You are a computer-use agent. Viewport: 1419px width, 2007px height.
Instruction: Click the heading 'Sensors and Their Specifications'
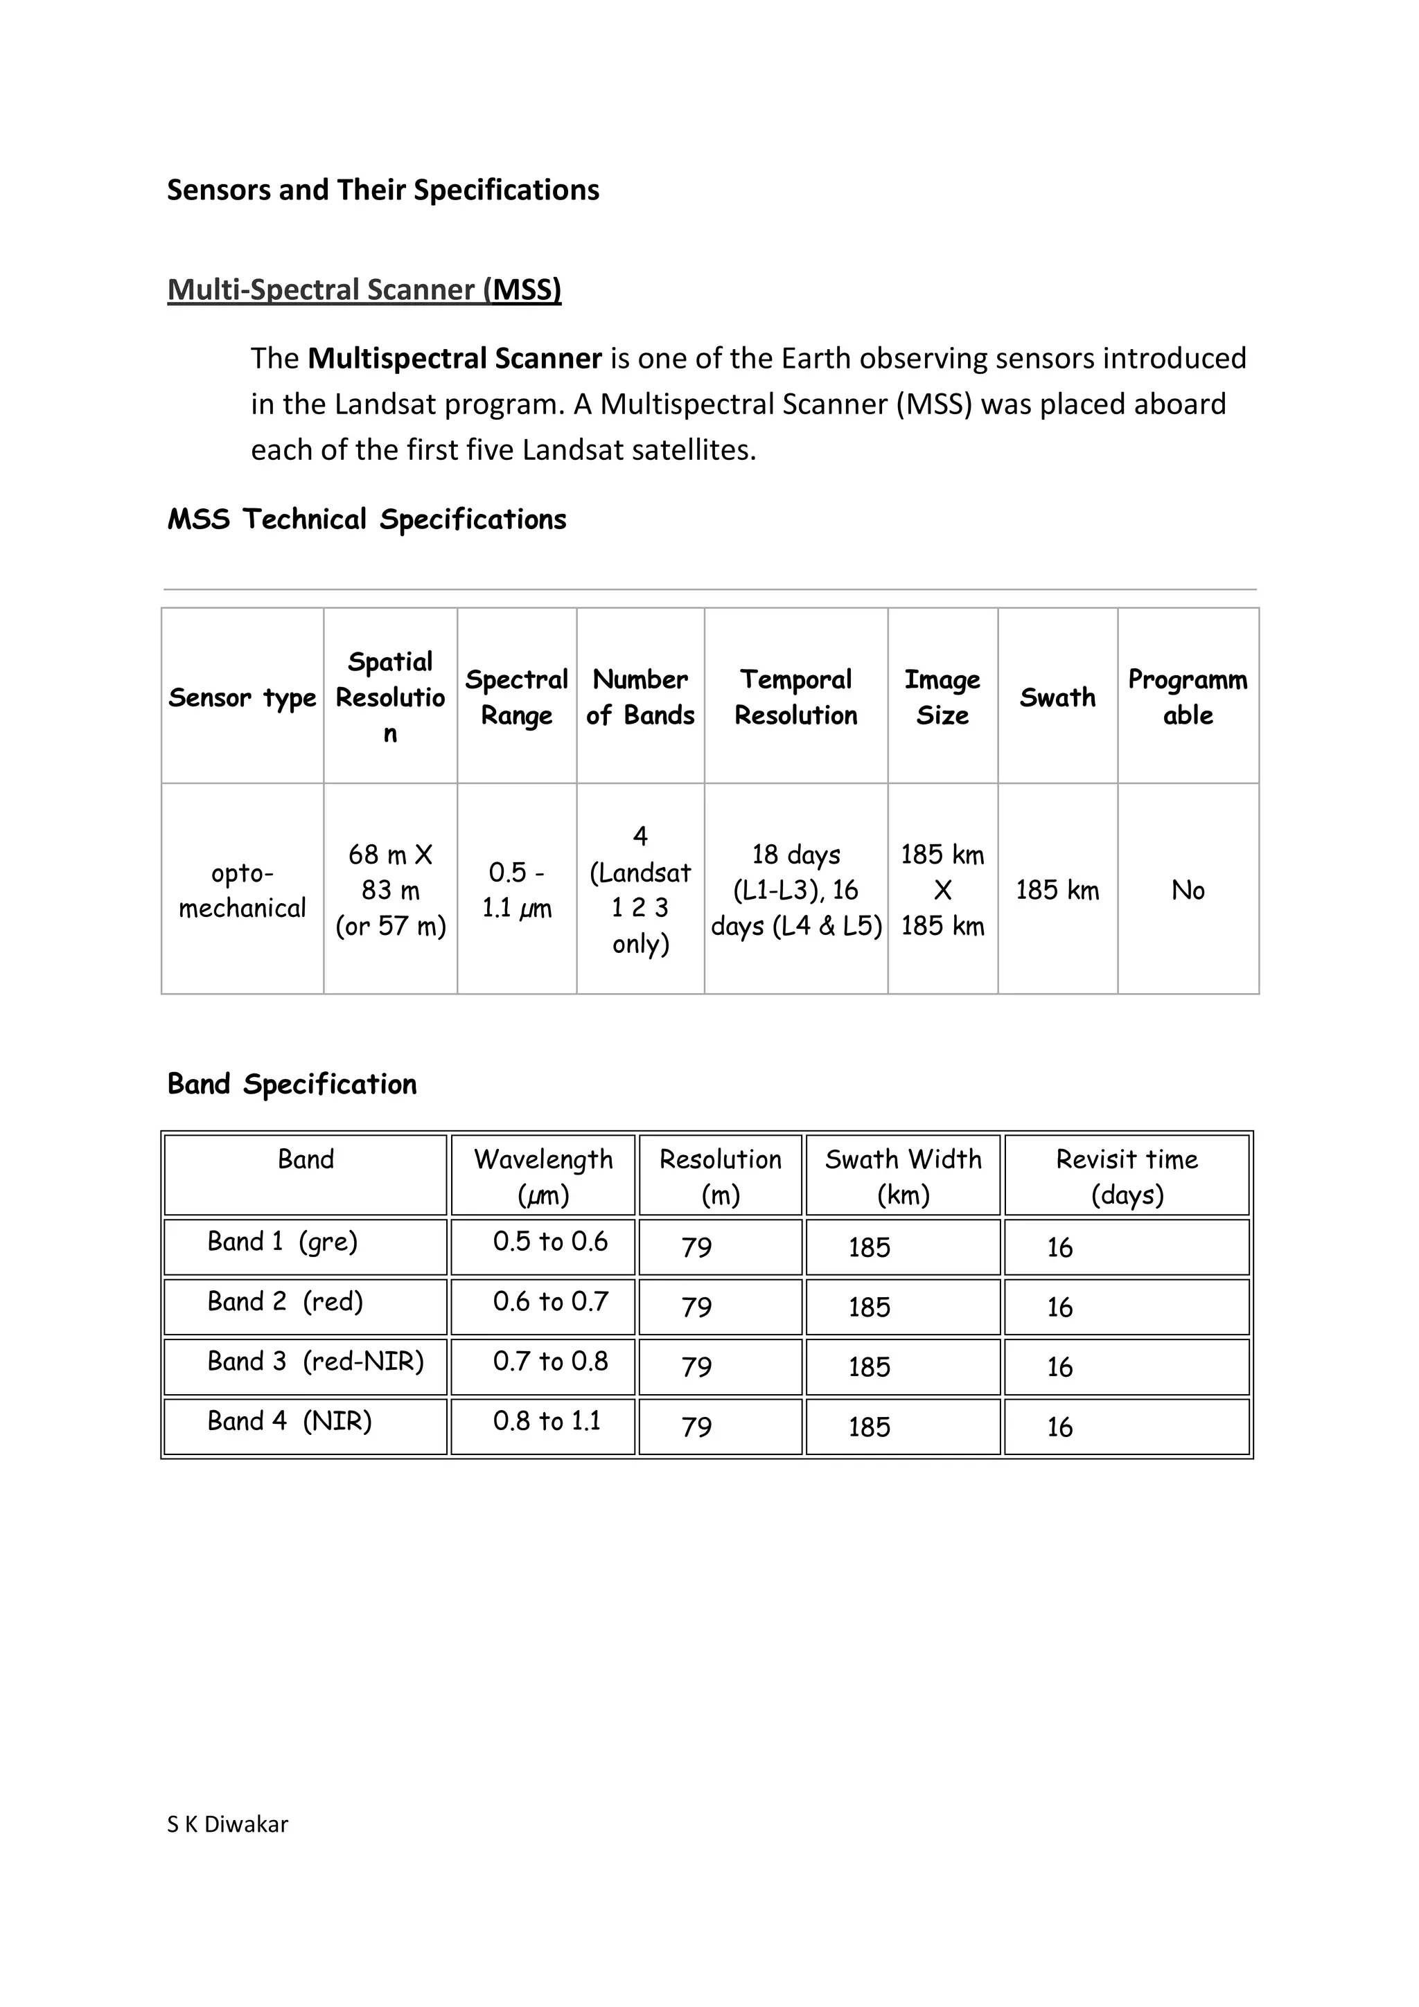(383, 190)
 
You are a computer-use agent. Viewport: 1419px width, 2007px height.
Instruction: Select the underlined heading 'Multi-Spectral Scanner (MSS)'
(364, 289)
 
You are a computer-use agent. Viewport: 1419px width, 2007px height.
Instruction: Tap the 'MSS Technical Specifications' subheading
(367, 519)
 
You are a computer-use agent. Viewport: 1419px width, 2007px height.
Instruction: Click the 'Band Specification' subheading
(292, 1084)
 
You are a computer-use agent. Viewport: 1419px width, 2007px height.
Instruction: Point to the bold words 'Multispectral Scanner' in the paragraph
(455, 359)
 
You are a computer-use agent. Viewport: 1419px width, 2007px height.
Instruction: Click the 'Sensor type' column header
(243, 697)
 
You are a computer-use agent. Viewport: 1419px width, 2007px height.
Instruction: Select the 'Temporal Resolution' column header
(795, 697)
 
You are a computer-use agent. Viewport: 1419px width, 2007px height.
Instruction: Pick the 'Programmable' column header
(1188, 697)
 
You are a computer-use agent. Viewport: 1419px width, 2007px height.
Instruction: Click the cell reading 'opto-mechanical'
(243, 891)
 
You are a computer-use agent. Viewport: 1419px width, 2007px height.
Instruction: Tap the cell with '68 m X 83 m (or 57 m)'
(390, 891)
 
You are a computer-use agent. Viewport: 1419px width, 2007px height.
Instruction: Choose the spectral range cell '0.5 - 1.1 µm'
(517, 891)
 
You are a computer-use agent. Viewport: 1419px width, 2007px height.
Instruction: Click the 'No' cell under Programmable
(1188, 891)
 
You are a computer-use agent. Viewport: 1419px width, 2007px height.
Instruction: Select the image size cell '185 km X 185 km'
(942, 891)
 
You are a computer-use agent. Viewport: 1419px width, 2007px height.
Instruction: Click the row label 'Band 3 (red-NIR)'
(315, 1361)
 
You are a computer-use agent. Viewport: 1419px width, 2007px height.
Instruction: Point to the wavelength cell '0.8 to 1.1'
(547, 1420)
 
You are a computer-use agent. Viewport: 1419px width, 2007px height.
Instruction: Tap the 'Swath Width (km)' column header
(904, 1177)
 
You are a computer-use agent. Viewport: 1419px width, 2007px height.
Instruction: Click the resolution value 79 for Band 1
(697, 1247)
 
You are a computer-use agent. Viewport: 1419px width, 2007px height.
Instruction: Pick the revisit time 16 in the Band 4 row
(1059, 1427)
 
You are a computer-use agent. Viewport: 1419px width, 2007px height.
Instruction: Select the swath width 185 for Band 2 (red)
(869, 1308)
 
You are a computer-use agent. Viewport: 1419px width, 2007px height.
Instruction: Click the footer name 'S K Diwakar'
(227, 1824)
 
